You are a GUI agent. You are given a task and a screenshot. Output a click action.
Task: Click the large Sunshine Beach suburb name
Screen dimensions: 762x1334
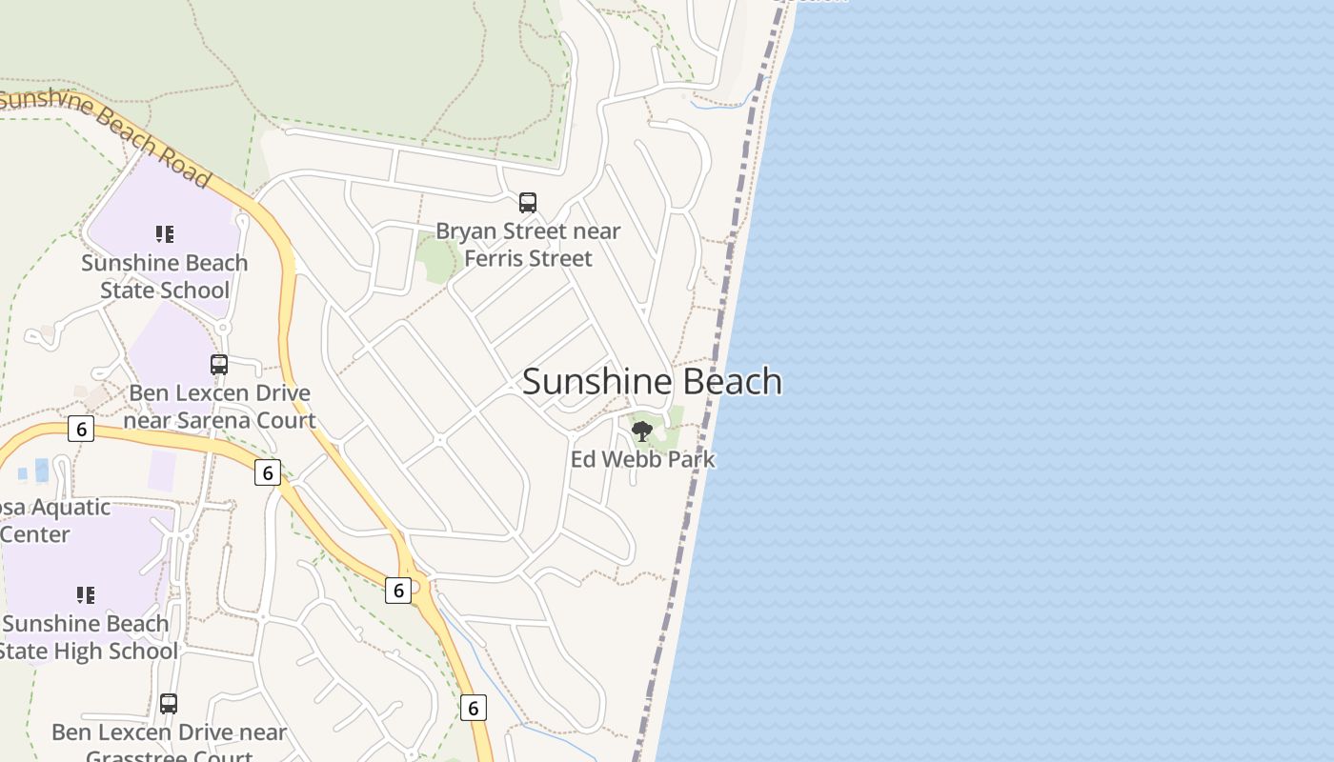click(652, 381)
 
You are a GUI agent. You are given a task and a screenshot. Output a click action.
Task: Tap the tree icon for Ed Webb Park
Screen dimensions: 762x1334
click(642, 431)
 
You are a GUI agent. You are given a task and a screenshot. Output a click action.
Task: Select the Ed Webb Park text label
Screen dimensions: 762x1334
click(642, 459)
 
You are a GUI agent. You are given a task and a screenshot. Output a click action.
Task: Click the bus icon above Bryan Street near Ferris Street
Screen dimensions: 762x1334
click(528, 203)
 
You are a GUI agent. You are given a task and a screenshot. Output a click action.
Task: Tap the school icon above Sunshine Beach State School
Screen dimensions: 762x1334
click(165, 233)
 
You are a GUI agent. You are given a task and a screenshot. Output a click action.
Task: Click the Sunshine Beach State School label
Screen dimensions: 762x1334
click(165, 276)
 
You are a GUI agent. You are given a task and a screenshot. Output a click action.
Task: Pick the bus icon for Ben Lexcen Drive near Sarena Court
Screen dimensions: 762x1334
click(219, 364)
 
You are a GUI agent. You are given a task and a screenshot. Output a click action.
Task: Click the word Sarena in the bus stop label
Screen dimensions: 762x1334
click(205, 420)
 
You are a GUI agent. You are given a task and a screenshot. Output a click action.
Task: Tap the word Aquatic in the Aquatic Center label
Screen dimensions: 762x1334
click(71, 507)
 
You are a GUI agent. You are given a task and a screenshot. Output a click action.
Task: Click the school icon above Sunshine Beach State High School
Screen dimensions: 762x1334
click(86, 595)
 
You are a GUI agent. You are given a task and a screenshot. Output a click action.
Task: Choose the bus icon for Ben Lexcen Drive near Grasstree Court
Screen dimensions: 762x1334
click(169, 704)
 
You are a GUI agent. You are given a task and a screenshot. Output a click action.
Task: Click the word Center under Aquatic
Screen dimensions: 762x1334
click(35, 534)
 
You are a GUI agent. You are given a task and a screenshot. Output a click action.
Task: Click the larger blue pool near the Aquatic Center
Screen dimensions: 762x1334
click(41, 469)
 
